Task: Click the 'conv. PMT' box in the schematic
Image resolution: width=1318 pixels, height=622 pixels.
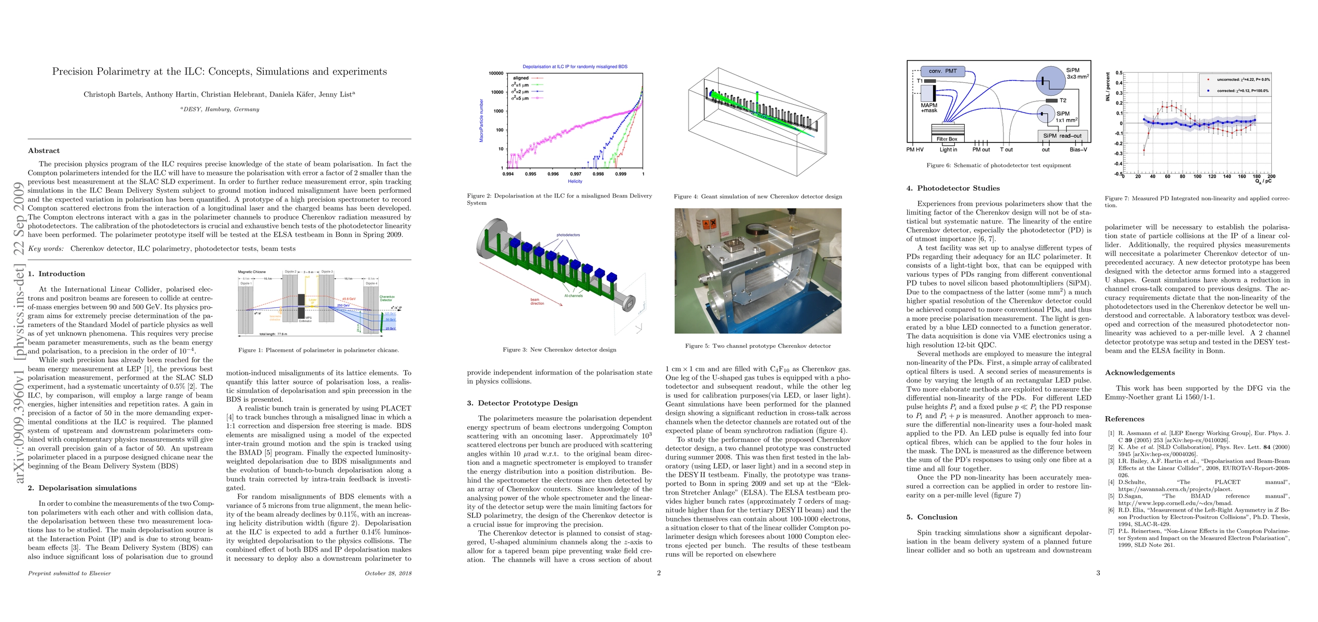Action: (x=942, y=71)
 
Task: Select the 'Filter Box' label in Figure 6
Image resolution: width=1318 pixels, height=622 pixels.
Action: (x=947, y=139)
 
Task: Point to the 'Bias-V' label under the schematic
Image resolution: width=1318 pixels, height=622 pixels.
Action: (x=1078, y=150)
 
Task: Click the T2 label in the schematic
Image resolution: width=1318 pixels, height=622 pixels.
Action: (x=1063, y=101)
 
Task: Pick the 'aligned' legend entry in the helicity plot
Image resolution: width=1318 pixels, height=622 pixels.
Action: (x=521, y=78)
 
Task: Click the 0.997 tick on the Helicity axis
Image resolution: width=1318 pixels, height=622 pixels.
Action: (x=576, y=174)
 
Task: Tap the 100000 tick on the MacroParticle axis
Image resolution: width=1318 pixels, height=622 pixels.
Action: (x=496, y=74)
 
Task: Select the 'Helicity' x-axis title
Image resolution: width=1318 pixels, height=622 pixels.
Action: (x=575, y=181)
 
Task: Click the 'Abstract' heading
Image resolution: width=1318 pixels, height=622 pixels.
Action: (x=44, y=151)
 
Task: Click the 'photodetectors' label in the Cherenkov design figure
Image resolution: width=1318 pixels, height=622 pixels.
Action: (x=568, y=235)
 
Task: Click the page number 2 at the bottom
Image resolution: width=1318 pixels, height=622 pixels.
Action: (x=658, y=573)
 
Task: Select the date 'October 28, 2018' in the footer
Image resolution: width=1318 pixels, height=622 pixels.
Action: (x=388, y=573)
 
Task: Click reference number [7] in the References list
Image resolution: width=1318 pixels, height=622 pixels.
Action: (x=1110, y=531)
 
